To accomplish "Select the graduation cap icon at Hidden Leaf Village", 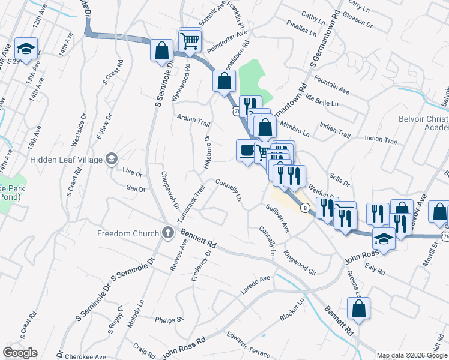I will tap(111, 158).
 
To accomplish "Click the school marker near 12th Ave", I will tap(26, 49).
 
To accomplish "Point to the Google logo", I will tap(20, 352).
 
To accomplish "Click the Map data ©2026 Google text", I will tap(412, 355).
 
